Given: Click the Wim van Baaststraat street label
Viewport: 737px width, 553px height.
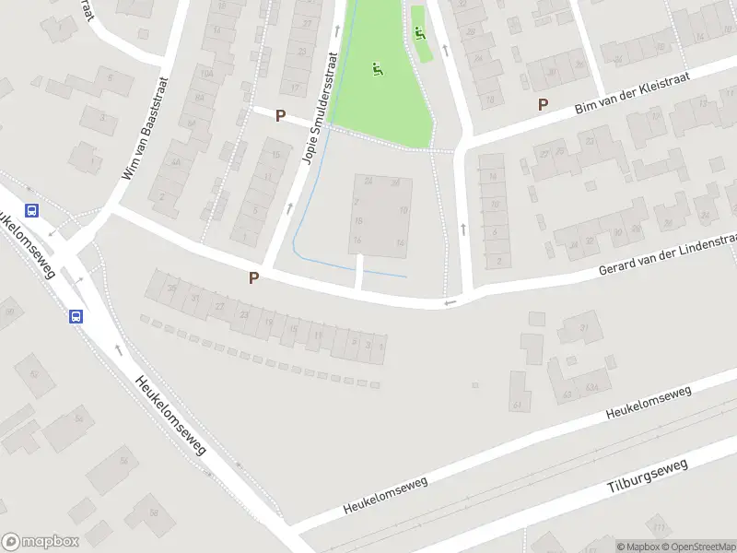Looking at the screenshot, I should [142, 127].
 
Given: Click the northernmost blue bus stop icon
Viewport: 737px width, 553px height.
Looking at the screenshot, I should [32, 209].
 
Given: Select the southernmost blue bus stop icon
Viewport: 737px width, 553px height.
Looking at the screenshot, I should [76, 316].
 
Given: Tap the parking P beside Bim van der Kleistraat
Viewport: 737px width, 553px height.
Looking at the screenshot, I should [543, 105].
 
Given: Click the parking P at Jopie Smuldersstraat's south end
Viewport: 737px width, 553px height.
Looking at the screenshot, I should [253, 276].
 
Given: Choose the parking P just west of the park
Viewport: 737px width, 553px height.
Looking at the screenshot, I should [280, 115].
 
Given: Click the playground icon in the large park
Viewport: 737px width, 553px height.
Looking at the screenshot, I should [376, 68].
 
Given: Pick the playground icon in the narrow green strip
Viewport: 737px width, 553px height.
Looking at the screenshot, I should [420, 34].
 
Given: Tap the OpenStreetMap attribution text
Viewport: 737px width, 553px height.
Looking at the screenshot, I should [696, 547].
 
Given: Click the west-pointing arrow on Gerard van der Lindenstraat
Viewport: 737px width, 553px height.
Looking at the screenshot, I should [450, 302].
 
